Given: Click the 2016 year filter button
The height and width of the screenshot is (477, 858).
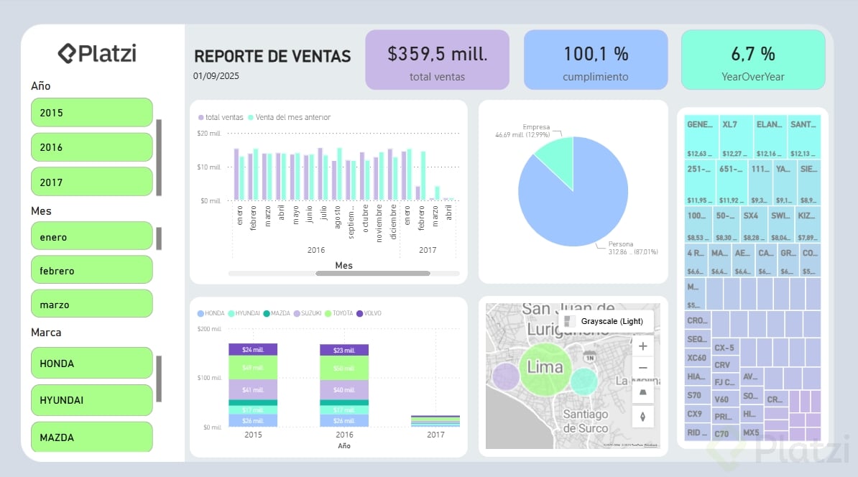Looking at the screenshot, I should [x=91, y=147].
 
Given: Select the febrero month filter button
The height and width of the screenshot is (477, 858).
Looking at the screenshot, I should [x=91, y=270].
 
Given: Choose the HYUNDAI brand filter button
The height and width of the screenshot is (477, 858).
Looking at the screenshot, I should [x=91, y=400].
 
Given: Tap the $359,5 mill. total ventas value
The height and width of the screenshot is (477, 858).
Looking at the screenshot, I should [x=437, y=54].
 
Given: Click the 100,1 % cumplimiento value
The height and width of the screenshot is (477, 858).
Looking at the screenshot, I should [x=595, y=54].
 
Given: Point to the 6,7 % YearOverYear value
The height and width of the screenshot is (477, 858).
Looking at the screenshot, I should [x=752, y=54].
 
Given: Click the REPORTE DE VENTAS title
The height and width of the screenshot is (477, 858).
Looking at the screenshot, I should [x=272, y=56].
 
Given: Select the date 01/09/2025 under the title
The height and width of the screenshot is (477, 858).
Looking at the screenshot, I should [x=216, y=75].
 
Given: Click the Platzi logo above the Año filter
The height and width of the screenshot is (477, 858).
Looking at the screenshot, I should [x=98, y=53].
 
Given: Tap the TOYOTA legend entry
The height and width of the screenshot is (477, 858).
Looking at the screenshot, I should [x=341, y=313].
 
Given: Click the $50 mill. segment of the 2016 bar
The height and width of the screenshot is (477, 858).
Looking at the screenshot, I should [x=343, y=368].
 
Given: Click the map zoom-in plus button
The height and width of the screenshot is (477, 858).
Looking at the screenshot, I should [x=642, y=346].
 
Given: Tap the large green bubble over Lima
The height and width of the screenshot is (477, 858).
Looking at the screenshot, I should [x=545, y=367].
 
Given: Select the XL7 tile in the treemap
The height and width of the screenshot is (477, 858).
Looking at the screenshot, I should [x=736, y=136].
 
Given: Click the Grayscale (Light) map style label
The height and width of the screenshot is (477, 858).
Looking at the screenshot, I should [x=611, y=321].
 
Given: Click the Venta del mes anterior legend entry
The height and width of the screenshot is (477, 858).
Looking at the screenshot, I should [x=289, y=117].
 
